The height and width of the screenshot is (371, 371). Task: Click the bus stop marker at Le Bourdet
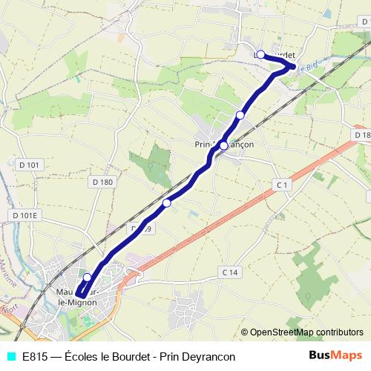pos(260,54)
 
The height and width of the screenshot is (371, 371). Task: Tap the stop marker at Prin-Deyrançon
pos(223,145)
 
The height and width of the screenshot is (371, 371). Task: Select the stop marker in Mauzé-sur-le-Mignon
pos(87,278)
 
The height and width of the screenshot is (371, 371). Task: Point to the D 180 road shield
pos(103,182)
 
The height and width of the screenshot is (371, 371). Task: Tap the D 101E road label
pos(24,215)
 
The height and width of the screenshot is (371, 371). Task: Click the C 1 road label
pos(280,183)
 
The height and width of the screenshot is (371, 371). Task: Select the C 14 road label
pos(231,272)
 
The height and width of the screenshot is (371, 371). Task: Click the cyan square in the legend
pos(10,357)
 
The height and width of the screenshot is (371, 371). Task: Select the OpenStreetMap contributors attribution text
pos(306,334)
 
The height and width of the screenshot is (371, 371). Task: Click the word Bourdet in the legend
pos(138,357)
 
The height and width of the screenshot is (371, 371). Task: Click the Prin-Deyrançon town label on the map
pos(223,145)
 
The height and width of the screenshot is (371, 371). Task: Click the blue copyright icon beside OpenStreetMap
pos(244,334)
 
